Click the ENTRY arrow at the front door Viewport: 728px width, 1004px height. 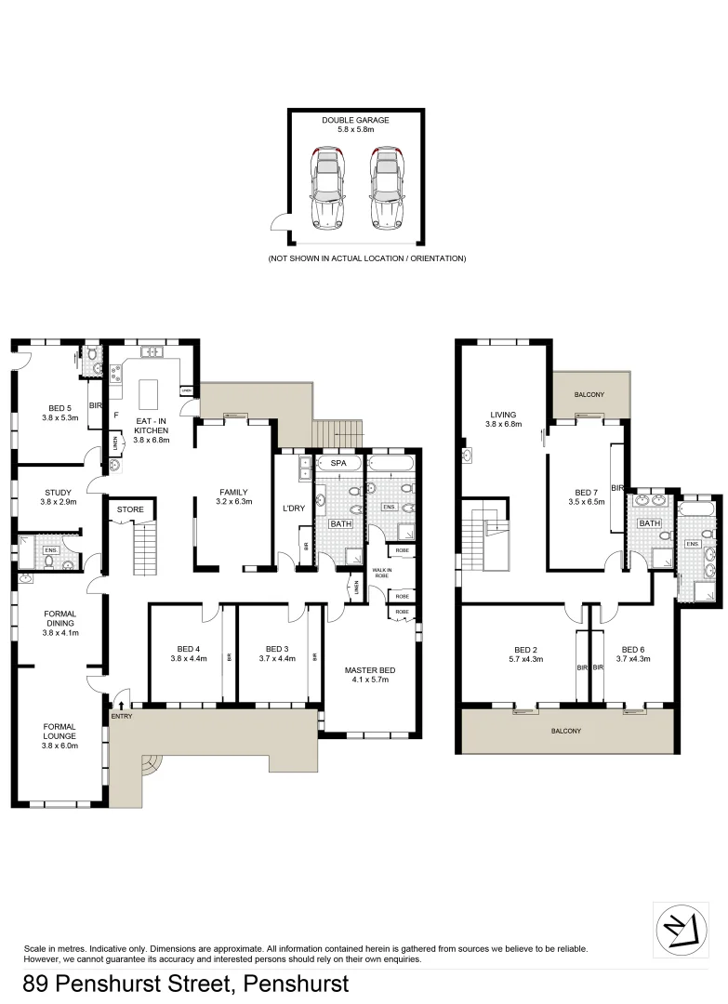click(121, 707)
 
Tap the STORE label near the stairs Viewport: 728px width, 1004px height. click(130, 509)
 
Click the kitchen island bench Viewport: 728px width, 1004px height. click(151, 394)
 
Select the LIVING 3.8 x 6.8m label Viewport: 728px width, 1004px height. click(503, 419)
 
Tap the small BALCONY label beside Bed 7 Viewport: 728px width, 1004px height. click(589, 395)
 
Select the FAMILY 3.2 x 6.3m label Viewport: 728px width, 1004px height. click(233, 497)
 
